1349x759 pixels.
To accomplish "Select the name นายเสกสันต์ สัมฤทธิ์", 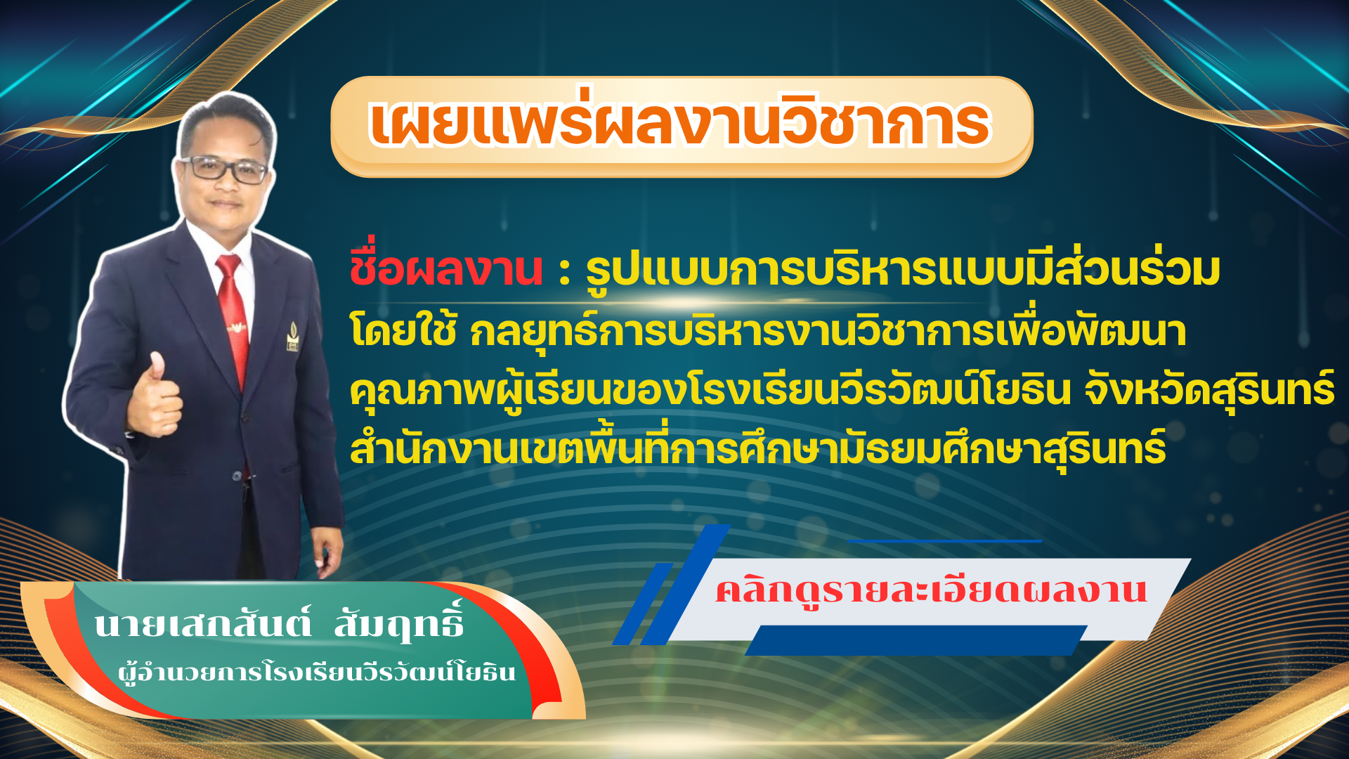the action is tap(279, 621).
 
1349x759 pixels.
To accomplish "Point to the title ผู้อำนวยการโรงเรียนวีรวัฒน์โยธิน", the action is tap(317, 672).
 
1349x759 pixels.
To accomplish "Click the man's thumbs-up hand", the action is tap(155, 398).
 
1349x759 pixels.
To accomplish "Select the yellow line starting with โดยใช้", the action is tap(768, 331).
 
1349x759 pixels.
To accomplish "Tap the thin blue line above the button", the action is tap(944, 541).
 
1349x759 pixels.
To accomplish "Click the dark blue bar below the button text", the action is tap(916, 640).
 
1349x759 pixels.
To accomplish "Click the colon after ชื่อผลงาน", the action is tap(564, 272).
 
